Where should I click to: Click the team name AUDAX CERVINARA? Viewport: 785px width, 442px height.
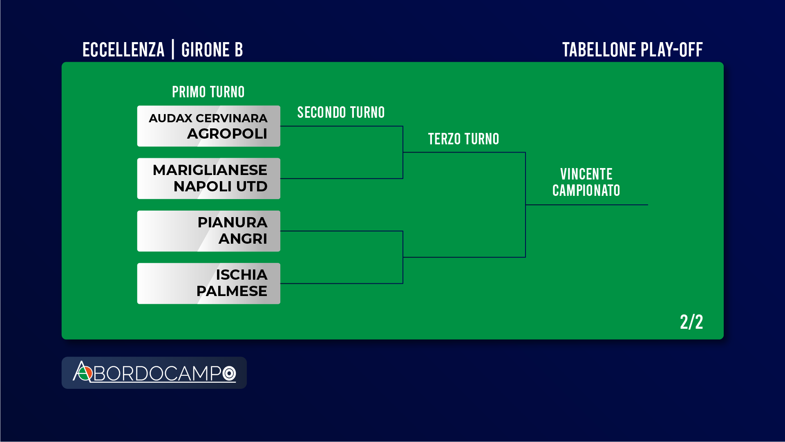click(208, 118)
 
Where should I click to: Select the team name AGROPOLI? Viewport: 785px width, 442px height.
click(227, 134)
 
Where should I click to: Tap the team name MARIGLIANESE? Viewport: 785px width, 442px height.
click(210, 170)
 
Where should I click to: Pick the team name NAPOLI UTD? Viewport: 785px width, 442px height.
click(221, 186)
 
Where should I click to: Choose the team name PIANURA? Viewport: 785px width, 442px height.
click(233, 222)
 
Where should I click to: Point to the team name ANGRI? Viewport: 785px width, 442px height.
click(243, 239)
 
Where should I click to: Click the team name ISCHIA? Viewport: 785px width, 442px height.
click(242, 275)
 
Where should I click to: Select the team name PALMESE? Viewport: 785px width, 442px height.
click(232, 291)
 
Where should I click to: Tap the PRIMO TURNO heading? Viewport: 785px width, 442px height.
click(208, 92)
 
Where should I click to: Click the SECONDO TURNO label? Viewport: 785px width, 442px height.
click(341, 112)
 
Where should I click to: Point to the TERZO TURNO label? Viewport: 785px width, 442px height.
click(464, 139)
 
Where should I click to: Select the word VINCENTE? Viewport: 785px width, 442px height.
click(586, 174)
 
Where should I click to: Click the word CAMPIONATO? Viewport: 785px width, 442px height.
click(586, 191)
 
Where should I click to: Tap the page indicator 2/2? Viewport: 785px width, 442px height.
click(691, 322)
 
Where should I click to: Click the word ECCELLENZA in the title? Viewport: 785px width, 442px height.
click(123, 50)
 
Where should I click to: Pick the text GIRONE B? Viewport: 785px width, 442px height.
click(212, 50)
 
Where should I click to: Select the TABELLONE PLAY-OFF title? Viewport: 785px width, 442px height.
click(633, 50)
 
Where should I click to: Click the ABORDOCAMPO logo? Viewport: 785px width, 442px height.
click(154, 372)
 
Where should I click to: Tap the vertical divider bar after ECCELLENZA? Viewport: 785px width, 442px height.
click(173, 49)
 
